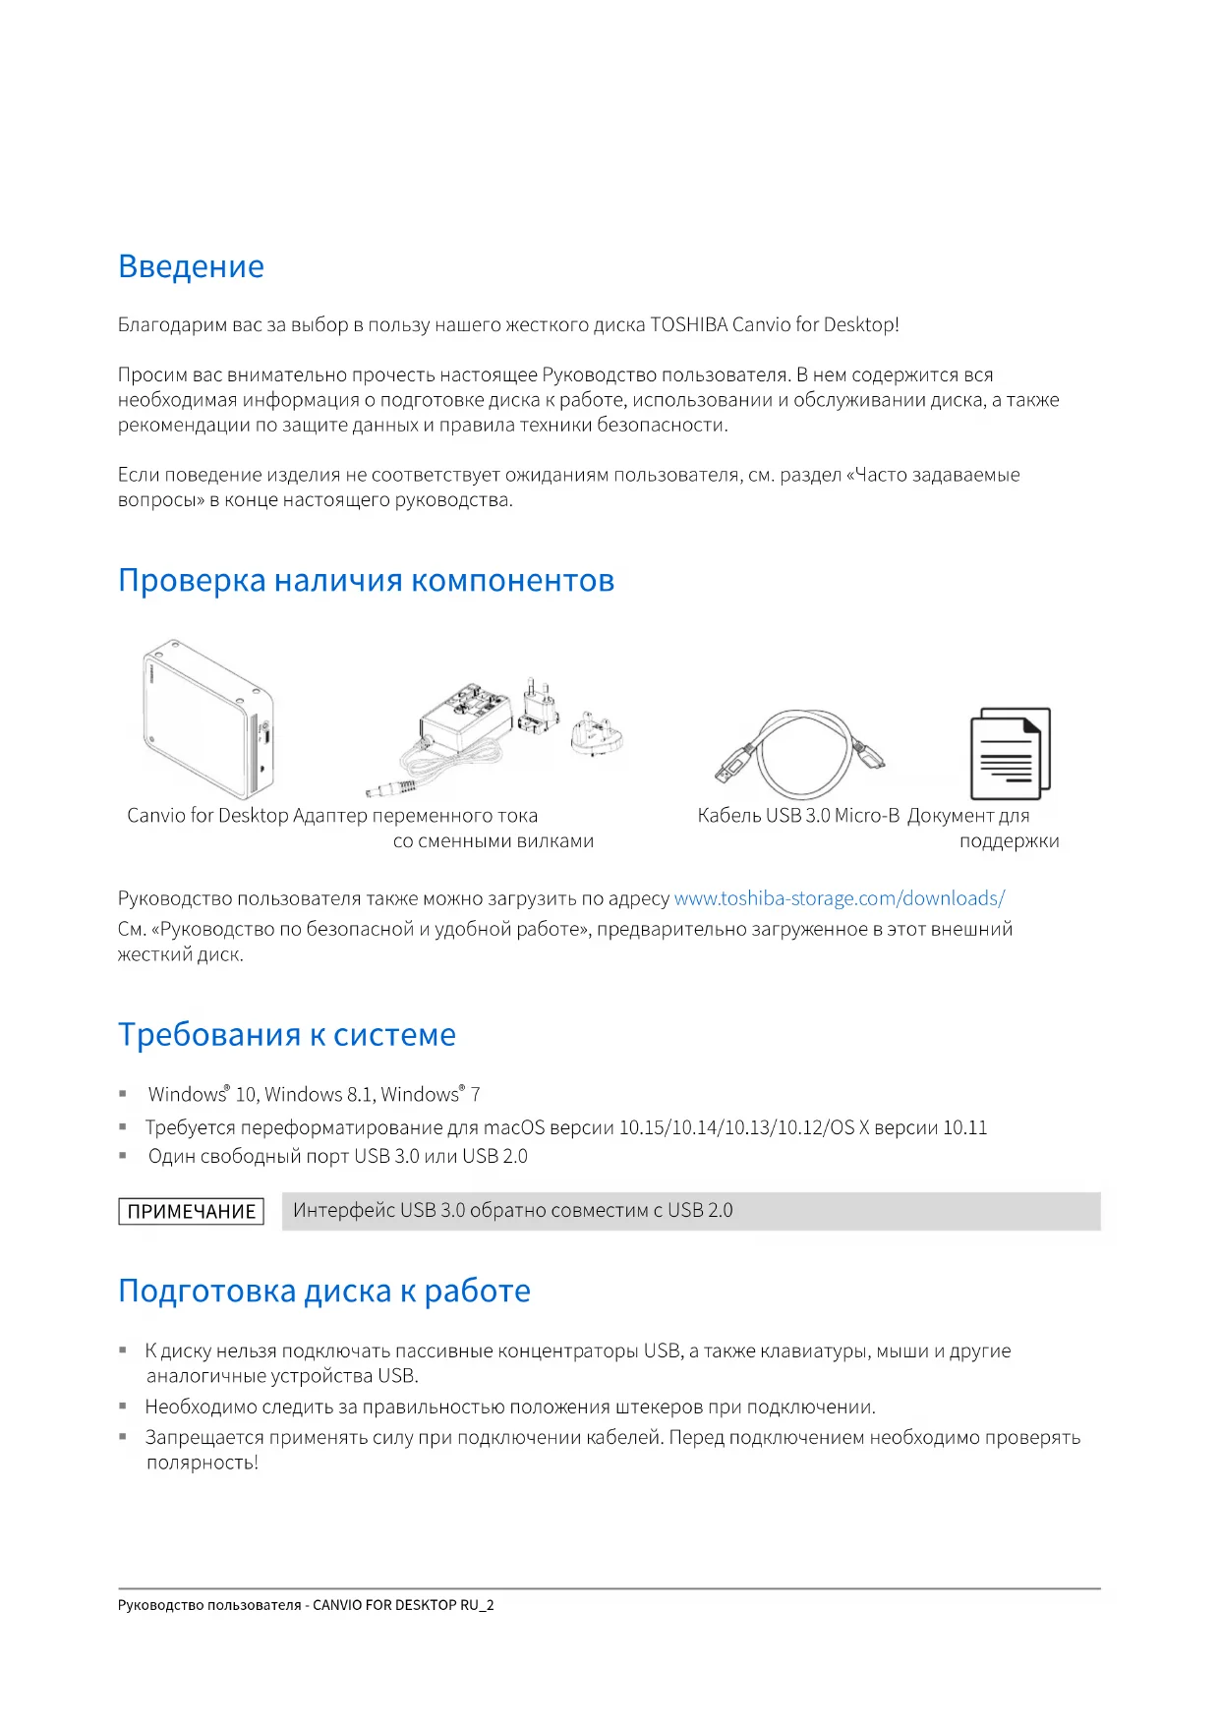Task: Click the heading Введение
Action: (x=191, y=266)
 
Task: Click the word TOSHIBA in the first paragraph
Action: (x=689, y=324)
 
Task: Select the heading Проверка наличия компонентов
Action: (x=366, y=580)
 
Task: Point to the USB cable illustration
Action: (x=800, y=755)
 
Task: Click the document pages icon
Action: (x=1010, y=755)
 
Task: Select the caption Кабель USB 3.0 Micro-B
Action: (x=798, y=815)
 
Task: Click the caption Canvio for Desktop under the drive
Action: (x=207, y=815)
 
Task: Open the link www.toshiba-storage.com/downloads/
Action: (x=839, y=898)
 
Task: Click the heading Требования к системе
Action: (x=287, y=1034)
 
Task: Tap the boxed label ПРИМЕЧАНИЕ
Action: (x=192, y=1211)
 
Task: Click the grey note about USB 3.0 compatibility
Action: (x=690, y=1211)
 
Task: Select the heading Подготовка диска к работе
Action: (x=324, y=1290)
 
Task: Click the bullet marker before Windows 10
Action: (x=123, y=1094)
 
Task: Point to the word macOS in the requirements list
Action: (x=514, y=1127)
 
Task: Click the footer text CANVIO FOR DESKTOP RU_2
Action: (x=403, y=1605)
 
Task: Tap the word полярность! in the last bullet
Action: (x=202, y=1463)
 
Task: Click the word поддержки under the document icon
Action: (x=1009, y=841)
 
